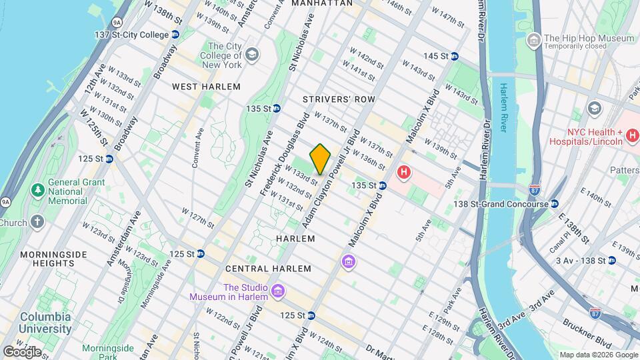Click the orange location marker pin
coord(321,159)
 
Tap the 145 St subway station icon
coord(455,56)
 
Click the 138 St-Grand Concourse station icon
coord(554,204)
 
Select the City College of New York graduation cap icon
coord(252,54)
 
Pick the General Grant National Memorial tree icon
coord(38,191)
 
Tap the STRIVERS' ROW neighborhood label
coord(339,99)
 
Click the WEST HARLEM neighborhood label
coord(197,87)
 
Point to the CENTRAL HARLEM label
coord(268,269)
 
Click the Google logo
coord(22,351)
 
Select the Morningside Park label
coord(107,353)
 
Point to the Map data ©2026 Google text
coord(598,355)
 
